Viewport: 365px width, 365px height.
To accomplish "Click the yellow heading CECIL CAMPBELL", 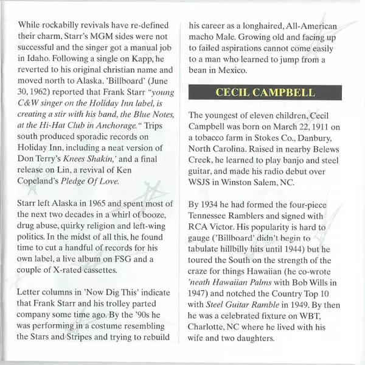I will [x=265, y=93].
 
